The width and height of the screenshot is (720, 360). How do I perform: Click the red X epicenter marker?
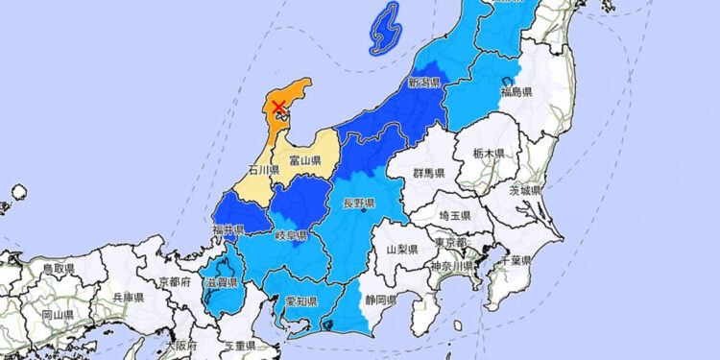click(x=278, y=107)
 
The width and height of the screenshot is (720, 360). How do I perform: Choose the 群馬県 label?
click(x=428, y=174)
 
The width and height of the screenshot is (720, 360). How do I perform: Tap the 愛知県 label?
click(x=300, y=301)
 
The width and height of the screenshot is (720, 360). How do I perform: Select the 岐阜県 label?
click(x=290, y=236)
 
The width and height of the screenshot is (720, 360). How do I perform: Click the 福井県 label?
click(x=228, y=230)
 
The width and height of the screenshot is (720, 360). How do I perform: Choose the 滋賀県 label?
click(x=222, y=282)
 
